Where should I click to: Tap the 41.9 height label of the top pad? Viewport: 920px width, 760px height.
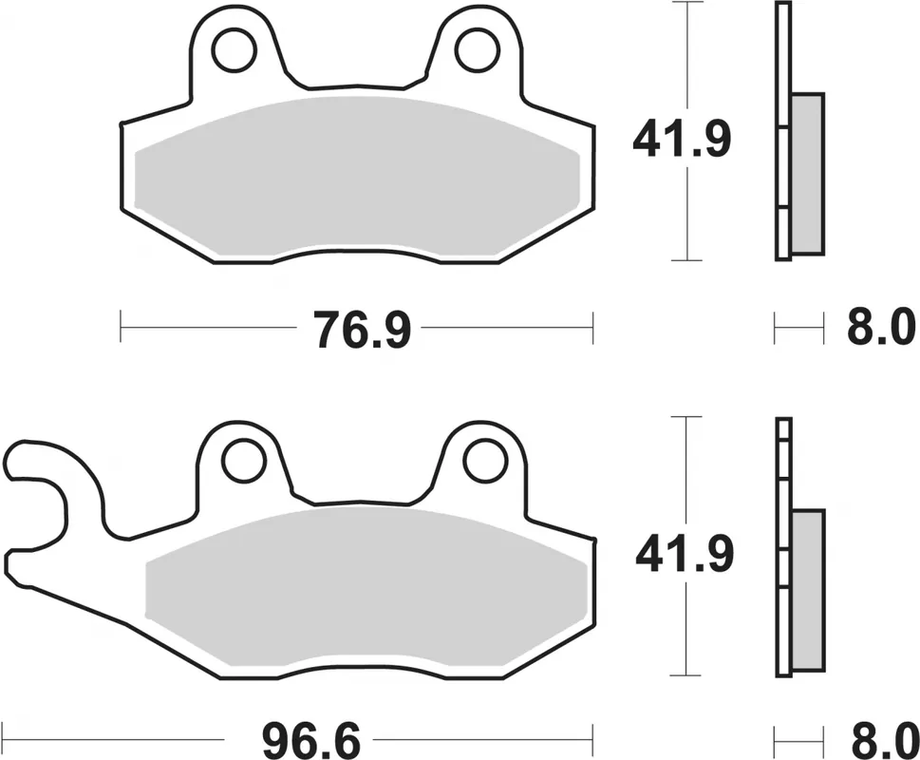[683, 141]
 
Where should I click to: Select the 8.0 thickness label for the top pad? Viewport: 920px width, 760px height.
[880, 330]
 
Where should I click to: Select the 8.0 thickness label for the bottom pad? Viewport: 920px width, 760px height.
[880, 738]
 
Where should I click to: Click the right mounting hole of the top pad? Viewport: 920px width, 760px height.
[475, 51]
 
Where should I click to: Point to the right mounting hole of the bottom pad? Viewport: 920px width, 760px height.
[483, 461]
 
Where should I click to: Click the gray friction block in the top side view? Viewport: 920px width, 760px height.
[807, 173]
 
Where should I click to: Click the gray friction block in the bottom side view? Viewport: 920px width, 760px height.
[808, 588]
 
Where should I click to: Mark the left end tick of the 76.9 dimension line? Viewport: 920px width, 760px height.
[122, 329]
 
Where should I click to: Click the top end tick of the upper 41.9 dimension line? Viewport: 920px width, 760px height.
[685, 3]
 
